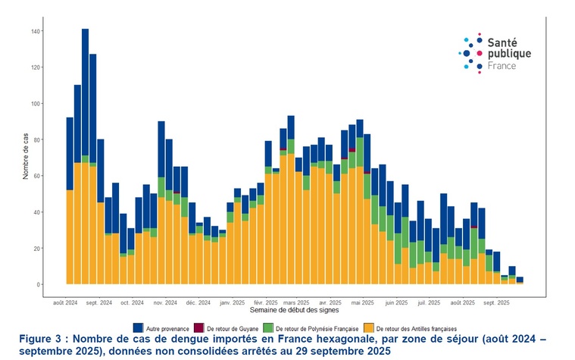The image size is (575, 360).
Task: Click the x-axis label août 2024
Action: [x=66, y=302]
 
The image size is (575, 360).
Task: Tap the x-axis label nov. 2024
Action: [x=165, y=302]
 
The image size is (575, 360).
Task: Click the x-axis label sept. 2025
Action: [x=495, y=302]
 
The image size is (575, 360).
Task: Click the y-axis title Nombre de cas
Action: [x=25, y=157]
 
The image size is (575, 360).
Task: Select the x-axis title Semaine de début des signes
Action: [x=295, y=311]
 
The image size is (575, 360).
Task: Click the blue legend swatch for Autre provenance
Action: [x=138, y=327]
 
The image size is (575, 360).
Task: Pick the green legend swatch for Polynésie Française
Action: [x=267, y=327]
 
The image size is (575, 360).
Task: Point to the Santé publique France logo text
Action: [x=508, y=55]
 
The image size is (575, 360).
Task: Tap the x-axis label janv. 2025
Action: [x=232, y=302]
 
